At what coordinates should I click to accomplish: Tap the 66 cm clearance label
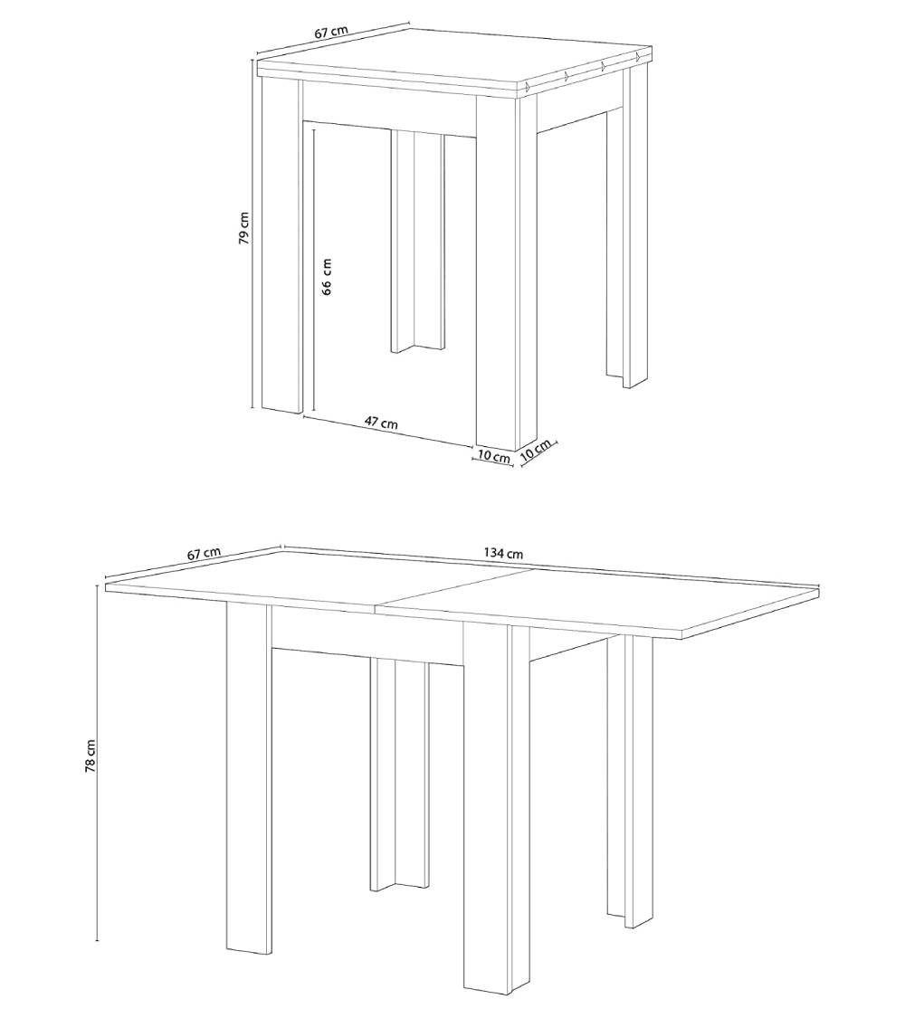327,276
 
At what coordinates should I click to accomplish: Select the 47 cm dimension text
381,423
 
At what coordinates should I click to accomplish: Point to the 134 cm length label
502,553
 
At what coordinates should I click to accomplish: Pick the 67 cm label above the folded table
331,32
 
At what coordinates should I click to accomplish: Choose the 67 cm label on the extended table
205,553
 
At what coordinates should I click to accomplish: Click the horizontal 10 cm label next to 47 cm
493,457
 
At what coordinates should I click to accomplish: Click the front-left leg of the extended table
248,778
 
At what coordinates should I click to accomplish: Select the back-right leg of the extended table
630,778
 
